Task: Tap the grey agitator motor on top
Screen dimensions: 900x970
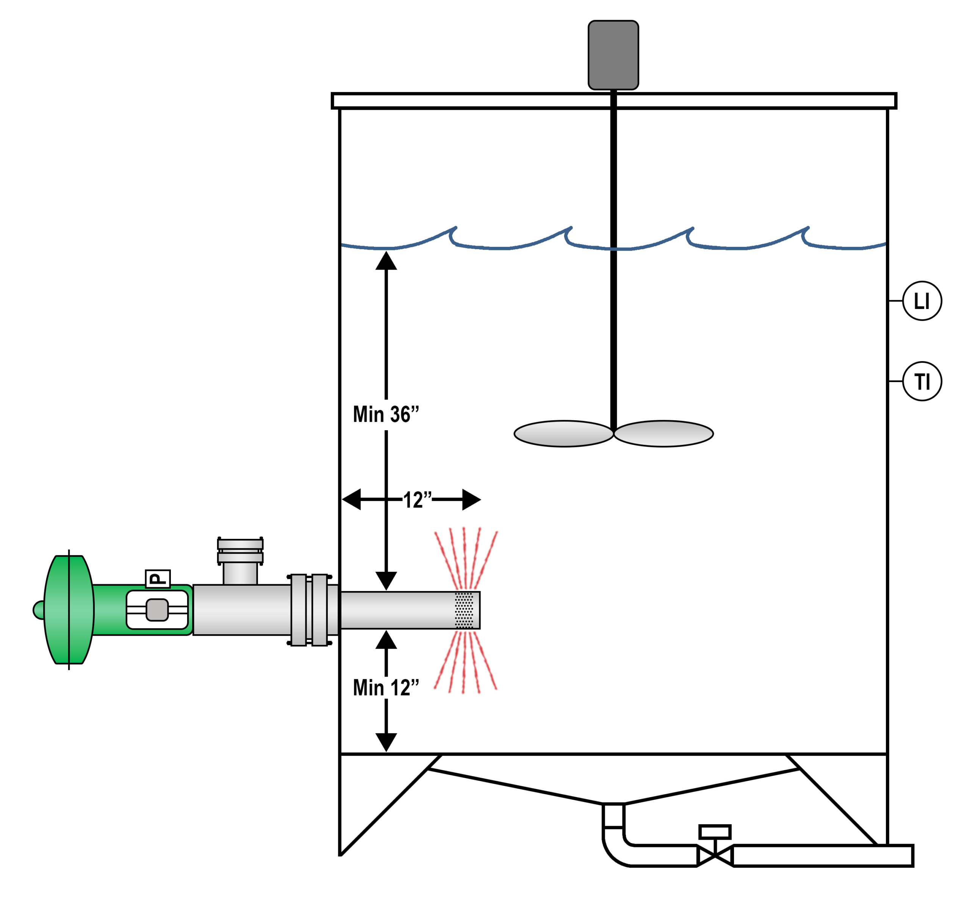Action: point(613,55)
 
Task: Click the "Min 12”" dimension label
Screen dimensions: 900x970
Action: point(386,687)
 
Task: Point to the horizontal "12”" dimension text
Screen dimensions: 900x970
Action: point(417,500)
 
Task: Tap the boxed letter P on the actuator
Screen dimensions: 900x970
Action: point(158,578)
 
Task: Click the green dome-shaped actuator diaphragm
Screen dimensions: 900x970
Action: point(69,609)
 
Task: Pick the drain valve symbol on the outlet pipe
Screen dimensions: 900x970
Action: point(714,856)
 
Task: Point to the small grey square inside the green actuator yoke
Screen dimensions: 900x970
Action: point(157,610)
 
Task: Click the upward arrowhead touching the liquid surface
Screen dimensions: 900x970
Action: point(386,260)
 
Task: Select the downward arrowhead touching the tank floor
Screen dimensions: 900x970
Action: point(386,742)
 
